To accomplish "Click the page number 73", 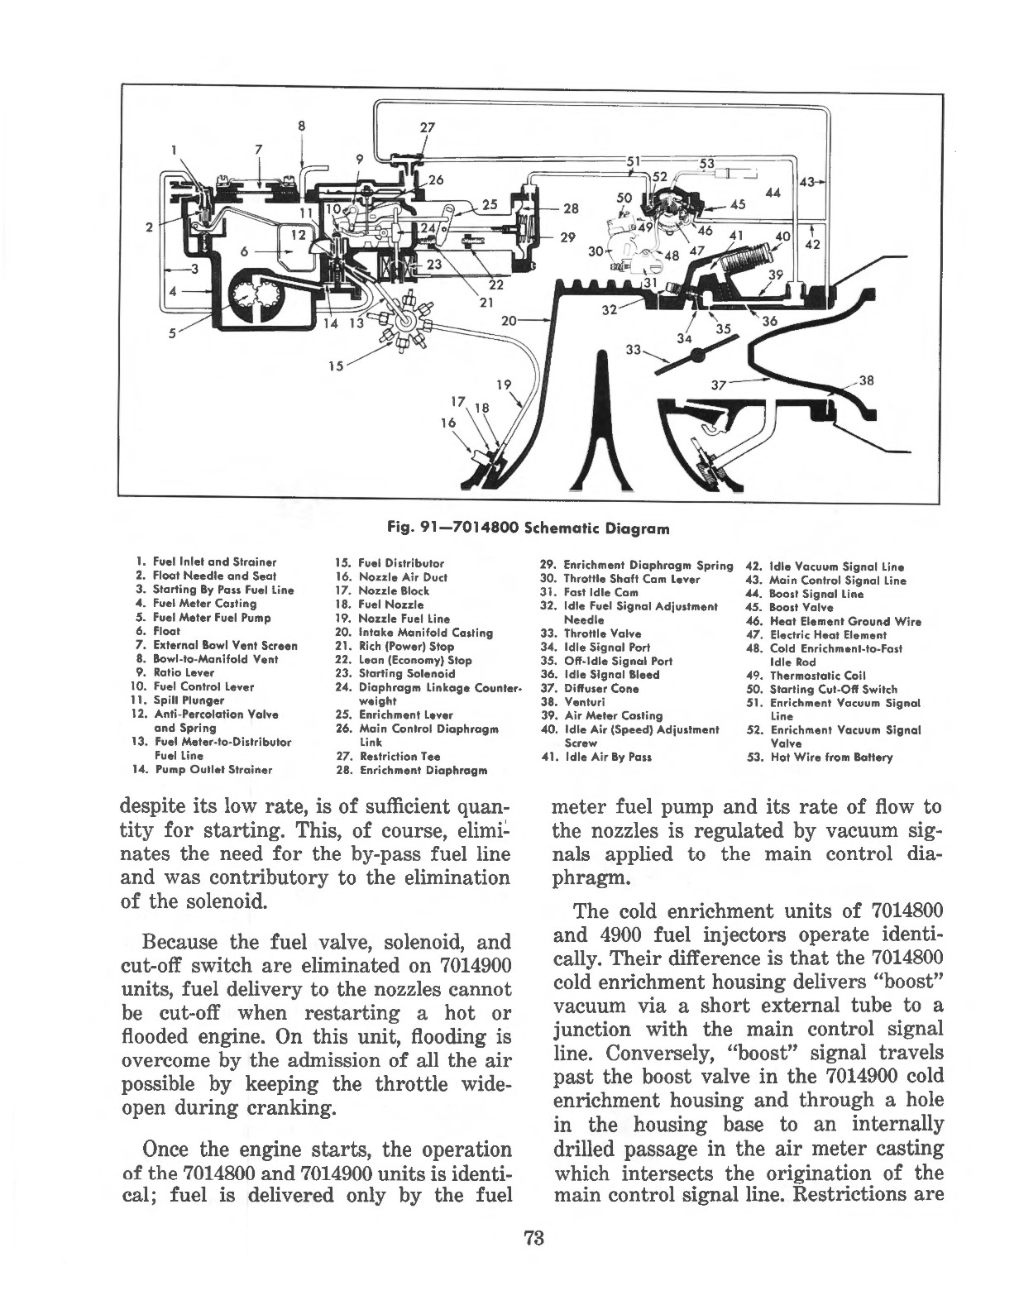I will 532,1238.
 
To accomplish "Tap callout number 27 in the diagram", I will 427,129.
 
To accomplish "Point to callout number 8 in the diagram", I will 302,127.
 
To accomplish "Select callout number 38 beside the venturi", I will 866,381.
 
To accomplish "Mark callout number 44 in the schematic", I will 773,192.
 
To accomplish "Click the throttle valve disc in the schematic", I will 696,353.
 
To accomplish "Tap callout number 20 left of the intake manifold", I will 509,318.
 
